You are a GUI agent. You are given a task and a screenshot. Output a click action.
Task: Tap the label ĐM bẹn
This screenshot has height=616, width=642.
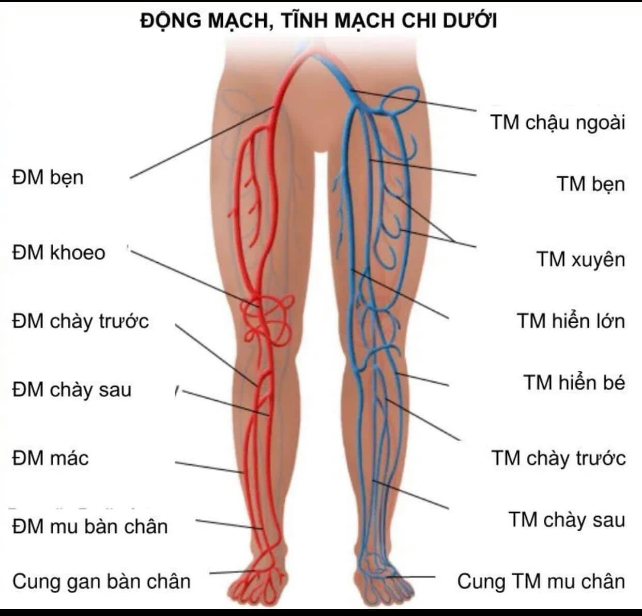48,177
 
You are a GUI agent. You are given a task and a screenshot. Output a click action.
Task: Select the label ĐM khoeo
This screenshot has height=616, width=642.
58,252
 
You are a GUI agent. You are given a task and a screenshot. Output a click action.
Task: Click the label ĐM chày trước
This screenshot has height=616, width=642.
80,321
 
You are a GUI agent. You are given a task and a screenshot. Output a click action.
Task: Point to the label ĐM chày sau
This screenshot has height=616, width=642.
71,389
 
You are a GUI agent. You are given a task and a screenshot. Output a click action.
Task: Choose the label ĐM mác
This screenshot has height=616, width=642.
50,458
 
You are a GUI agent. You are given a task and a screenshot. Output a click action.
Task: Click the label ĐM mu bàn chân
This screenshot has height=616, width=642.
90,527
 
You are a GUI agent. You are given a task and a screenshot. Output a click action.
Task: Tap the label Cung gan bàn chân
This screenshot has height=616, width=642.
101,581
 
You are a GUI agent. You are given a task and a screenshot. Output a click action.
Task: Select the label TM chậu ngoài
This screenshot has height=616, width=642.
558,123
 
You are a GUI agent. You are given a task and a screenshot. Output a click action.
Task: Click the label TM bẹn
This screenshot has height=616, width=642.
591,184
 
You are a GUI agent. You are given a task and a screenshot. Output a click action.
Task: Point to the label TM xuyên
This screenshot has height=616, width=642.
580,259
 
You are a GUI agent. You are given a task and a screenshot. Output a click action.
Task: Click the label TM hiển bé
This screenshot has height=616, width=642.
574,383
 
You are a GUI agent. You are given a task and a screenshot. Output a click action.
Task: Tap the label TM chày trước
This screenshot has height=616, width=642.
558,458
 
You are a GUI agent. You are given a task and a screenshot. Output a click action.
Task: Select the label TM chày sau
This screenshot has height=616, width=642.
567,520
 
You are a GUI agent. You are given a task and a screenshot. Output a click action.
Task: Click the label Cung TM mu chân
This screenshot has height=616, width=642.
541,581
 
